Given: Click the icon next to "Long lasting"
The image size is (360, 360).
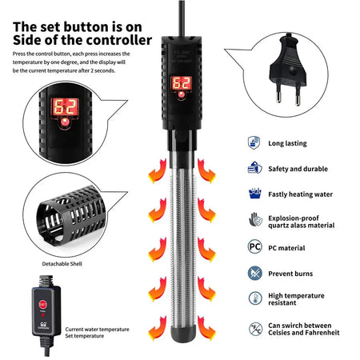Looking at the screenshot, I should pyautogui.click(x=254, y=143).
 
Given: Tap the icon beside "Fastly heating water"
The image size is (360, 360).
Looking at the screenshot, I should pyautogui.click(x=254, y=194).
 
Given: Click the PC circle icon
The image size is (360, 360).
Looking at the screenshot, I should pyautogui.click(x=254, y=247).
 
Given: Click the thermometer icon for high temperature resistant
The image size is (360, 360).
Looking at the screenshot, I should pyautogui.click(x=254, y=299).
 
